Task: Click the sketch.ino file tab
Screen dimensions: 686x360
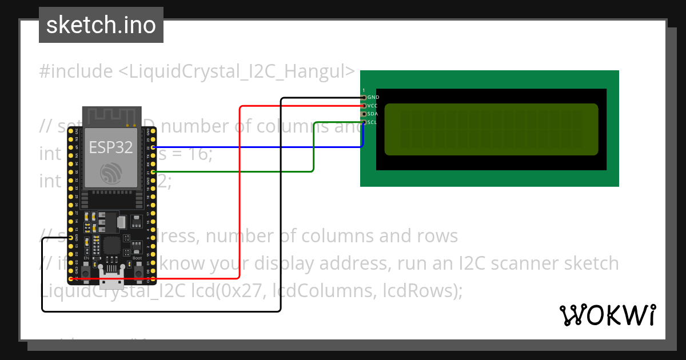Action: pos(101,25)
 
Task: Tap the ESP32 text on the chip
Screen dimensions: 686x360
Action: pos(111,147)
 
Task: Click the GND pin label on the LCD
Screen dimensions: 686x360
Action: pos(373,97)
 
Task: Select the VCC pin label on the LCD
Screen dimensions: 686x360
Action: pos(372,106)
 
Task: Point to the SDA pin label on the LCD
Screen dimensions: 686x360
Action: pos(372,114)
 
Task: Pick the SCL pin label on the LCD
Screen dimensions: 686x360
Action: pos(372,122)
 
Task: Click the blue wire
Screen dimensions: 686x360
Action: pos(257,147)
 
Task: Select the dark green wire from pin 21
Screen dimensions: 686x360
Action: pos(314,149)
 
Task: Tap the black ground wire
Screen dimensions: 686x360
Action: pos(281,229)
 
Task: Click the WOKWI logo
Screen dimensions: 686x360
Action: pos(607,315)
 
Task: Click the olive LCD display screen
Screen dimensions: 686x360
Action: pos(491,129)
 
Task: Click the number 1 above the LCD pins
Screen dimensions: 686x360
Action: pos(364,91)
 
